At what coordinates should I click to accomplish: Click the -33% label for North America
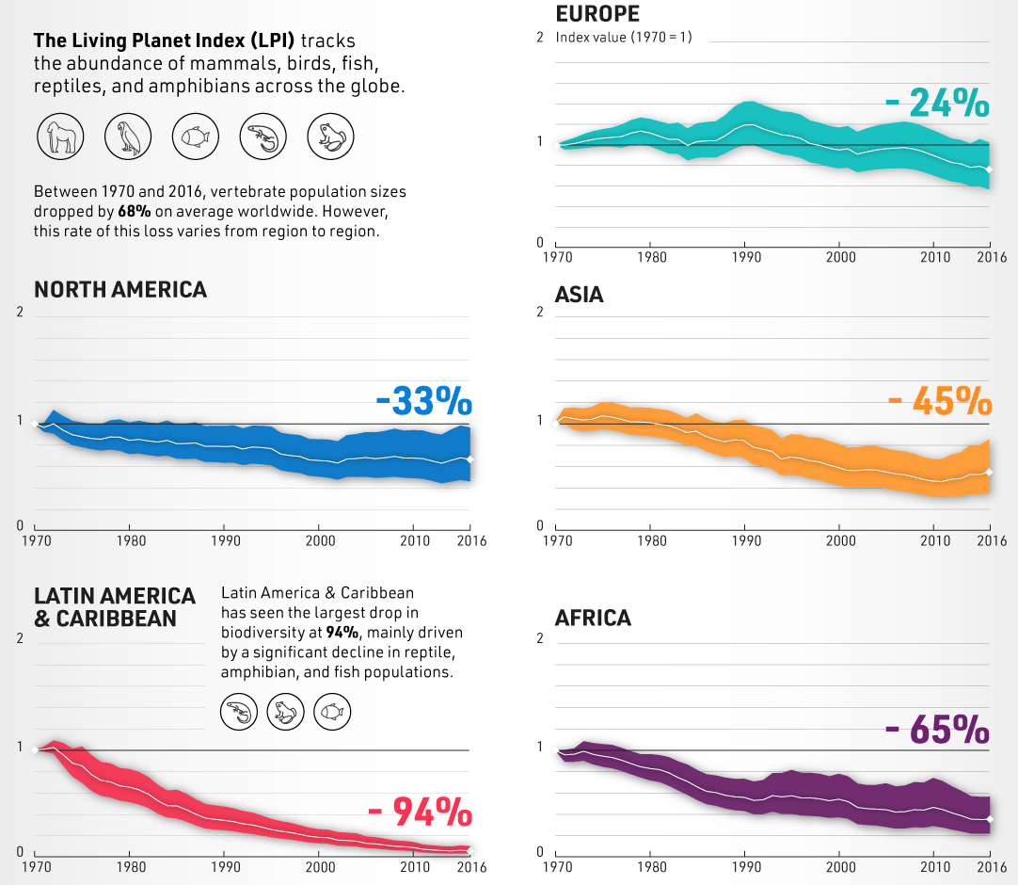pyautogui.click(x=423, y=402)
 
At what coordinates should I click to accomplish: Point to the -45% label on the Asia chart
pyautogui.click(x=939, y=402)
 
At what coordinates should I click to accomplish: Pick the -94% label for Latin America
pyautogui.click(x=420, y=811)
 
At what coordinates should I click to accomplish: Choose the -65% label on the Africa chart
pyautogui.click(x=937, y=731)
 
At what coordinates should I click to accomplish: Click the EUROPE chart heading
pyautogui.click(x=597, y=14)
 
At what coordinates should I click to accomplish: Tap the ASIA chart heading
pyautogui.click(x=580, y=296)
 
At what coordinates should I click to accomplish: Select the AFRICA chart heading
pyautogui.click(x=593, y=619)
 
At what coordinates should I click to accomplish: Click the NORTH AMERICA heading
pyautogui.click(x=120, y=290)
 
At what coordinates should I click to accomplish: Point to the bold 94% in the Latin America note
pyautogui.click(x=341, y=631)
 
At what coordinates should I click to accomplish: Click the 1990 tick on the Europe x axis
pyautogui.click(x=745, y=257)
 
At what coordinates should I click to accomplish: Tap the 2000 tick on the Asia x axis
pyautogui.click(x=840, y=540)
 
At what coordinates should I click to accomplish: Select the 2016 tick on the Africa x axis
pyautogui.click(x=992, y=866)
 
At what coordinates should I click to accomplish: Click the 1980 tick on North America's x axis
pyautogui.click(x=129, y=541)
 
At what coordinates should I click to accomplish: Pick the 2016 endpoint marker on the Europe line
pyautogui.click(x=989, y=169)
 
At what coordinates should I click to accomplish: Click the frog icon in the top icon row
pyautogui.click(x=330, y=137)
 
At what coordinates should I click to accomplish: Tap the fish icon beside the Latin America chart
pyautogui.click(x=332, y=711)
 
